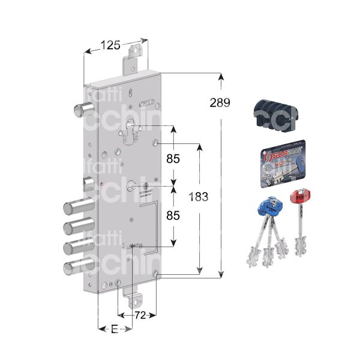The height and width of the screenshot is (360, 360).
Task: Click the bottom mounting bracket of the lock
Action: pyautogui.click(x=137, y=295)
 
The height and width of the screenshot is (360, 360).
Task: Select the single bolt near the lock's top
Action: pyautogui.click(x=83, y=110)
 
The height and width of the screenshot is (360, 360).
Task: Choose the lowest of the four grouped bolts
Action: pyautogui.click(x=77, y=267)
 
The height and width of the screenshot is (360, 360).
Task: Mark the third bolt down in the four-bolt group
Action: pyautogui.click(x=77, y=247)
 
